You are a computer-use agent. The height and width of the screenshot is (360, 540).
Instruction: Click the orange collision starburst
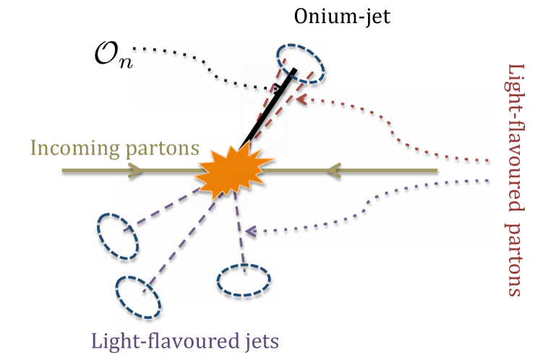pyautogui.click(x=233, y=171)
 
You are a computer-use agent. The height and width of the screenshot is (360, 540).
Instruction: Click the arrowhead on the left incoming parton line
pyautogui.click(x=134, y=171)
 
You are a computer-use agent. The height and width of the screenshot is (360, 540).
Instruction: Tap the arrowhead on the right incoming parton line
pyautogui.click(x=333, y=171)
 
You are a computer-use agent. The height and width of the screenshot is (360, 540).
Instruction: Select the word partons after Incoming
pyautogui.click(x=163, y=150)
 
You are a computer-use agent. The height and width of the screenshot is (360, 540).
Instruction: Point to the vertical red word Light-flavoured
pyautogui.click(x=516, y=137)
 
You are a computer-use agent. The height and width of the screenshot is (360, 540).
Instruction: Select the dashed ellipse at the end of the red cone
pyautogui.click(x=300, y=62)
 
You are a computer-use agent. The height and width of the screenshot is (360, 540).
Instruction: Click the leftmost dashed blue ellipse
pyautogui.click(x=118, y=236)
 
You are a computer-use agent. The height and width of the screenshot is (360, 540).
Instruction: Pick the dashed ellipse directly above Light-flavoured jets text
pyautogui.click(x=138, y=296)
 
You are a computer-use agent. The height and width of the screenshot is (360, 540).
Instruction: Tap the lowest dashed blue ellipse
pyautogui.click(x=138, y=296)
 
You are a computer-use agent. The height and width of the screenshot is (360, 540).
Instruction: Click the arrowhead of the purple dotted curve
pyautogui.click(x=249, y=231)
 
